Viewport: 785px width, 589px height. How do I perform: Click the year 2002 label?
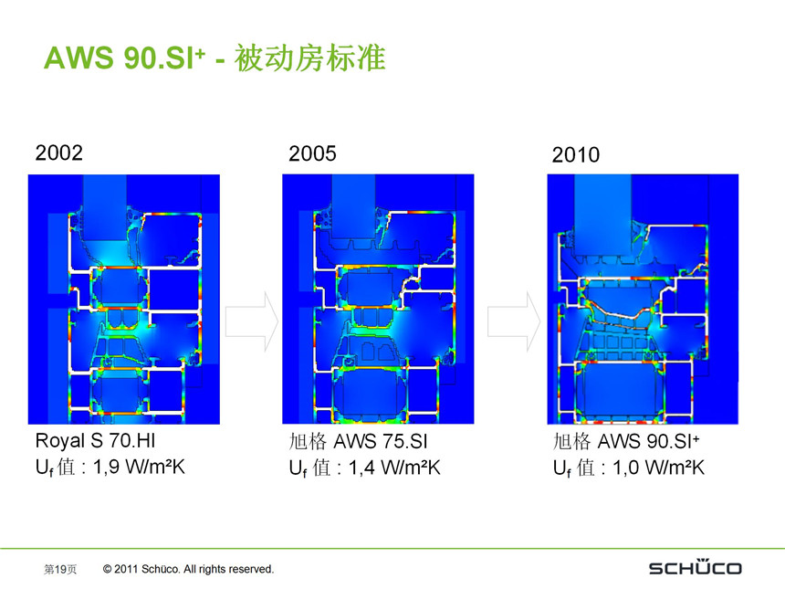58,153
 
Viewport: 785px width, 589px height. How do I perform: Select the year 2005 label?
312,153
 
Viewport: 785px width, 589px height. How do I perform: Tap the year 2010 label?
576,155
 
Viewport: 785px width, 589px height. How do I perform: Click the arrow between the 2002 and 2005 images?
251,321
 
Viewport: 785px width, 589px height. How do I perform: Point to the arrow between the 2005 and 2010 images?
513,321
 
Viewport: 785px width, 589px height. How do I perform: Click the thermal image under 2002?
124,299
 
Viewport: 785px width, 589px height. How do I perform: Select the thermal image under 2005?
378,299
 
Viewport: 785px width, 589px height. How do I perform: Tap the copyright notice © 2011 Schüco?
189,569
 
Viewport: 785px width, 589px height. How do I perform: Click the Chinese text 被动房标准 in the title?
310,59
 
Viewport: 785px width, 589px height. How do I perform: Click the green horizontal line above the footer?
392,549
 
